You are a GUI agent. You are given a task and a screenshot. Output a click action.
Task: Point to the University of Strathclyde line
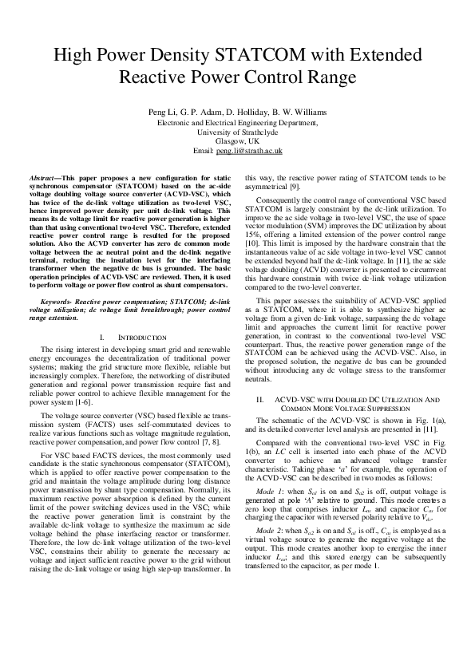pyautogui.click(x=237, y=132)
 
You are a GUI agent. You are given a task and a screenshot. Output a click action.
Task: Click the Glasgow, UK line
pyautogui.click(x=237, y=141)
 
